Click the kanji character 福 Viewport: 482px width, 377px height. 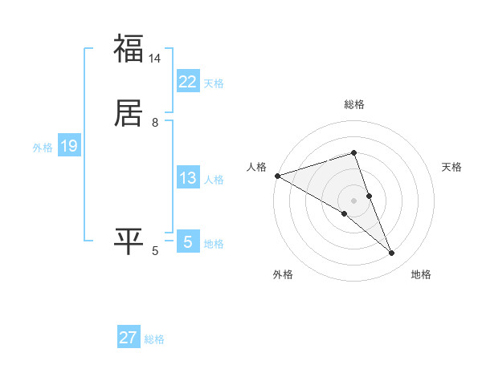coord(129,49)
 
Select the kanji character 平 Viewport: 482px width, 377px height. coord(129,241)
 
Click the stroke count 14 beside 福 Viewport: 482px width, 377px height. coord(155,59)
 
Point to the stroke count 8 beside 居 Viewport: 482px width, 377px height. coord(155,122)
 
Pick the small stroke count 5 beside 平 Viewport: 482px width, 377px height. coord(155,251)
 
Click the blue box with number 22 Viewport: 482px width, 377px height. coord(188,82)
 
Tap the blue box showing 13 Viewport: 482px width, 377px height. coord(188,178)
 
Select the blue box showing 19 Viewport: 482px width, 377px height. coord(69,146)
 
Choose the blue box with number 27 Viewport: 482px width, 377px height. coord(129,338)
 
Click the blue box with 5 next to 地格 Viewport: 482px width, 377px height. coord(188,242)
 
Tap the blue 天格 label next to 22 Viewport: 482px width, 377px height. coord(214,83)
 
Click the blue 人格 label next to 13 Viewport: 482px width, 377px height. coord(214,180)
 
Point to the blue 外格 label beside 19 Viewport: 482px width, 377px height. coord(43,148)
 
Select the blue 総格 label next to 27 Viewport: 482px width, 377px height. coord(154,339)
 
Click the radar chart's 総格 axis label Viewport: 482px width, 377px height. coord(354,104)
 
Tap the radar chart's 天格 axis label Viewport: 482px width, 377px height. coord(451,167)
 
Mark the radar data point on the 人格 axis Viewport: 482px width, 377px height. coord(277,175)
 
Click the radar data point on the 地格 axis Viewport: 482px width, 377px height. coord(392,253)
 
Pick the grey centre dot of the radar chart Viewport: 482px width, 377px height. coord(353,200)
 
